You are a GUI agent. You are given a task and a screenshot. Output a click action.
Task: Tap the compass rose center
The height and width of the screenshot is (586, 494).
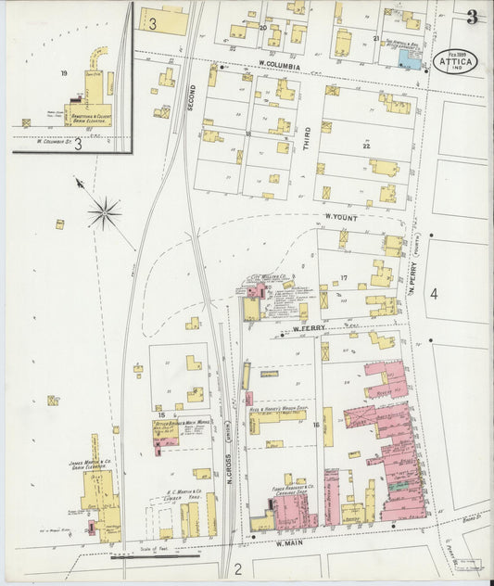[x=104, y=213]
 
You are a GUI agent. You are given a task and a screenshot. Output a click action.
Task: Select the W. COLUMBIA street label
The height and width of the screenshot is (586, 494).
[x=281, y=65]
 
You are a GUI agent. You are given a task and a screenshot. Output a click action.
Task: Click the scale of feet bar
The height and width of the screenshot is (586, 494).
[x=155, y=557]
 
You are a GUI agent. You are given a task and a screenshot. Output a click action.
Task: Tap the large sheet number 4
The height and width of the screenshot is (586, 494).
[x=432, y=294]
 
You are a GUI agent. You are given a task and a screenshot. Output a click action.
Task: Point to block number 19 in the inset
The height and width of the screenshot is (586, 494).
[x=64, y=72]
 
